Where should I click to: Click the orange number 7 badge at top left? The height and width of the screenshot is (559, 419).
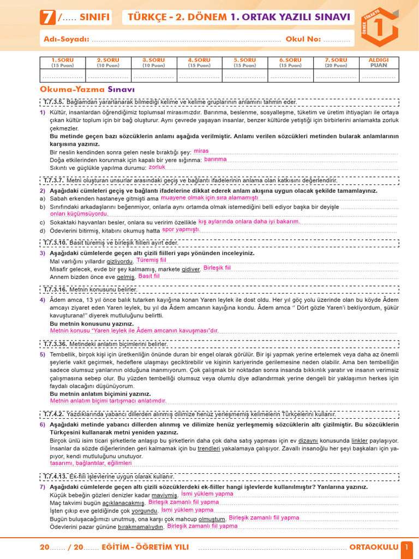coord(47,18)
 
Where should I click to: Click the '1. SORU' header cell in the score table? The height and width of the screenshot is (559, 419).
coord(62,62)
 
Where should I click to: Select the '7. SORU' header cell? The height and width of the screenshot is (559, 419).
coord(336,62)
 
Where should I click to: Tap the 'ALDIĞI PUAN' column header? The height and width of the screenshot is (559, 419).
coord(379,62)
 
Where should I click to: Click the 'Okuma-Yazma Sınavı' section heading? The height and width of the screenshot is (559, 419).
coord(87,89)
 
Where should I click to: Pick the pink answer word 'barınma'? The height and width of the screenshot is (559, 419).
coord(215,159)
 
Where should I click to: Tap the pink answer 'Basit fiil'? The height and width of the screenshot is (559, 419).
coord(149,276)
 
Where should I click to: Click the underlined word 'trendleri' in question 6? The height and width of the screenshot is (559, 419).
coord(208,449)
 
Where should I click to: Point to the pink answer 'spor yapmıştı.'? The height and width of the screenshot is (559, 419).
coord(181,230)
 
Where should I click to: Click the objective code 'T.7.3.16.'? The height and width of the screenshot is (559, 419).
coord(55,289)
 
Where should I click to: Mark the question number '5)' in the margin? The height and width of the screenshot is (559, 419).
coord(43,354)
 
